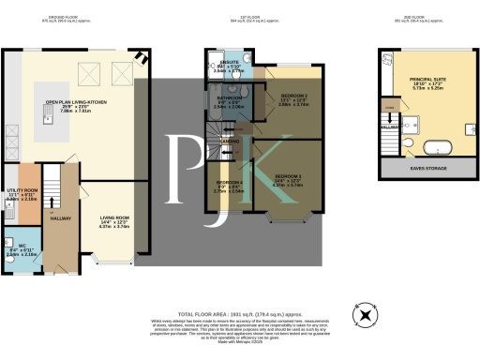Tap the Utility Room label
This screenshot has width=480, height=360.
click(x=20, y=190)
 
